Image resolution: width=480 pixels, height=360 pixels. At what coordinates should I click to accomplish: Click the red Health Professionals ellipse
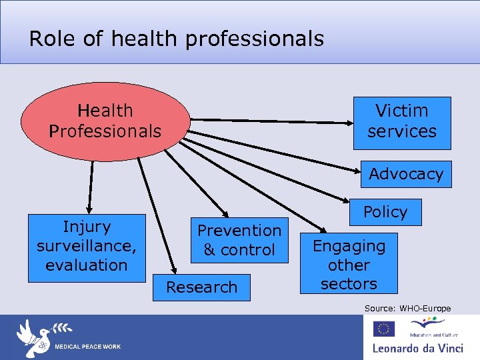tap(105, 121)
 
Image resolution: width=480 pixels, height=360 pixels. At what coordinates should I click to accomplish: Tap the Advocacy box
tap(406, 174)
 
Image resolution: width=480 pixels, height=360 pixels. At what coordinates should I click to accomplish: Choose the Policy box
tap(385, 213)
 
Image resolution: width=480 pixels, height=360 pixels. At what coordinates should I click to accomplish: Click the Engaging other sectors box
tap(349, 264)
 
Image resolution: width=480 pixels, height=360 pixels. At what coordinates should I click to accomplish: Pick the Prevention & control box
tap(239, 240)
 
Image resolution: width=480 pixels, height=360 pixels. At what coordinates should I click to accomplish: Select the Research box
tap(201, 287)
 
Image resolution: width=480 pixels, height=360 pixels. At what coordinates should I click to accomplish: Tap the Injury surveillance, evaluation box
tap(87, 247)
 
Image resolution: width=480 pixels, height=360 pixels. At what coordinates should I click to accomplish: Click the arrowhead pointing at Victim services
tap(355, 123)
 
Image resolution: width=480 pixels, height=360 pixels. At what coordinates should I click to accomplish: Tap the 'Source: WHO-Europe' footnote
tap(407, 308)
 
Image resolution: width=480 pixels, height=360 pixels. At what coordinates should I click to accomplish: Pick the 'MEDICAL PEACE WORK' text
tap(87, 347)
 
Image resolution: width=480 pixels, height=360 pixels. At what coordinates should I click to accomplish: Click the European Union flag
tap(384, 329)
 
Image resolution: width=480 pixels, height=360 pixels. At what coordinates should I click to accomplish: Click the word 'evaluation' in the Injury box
tap(87, 265)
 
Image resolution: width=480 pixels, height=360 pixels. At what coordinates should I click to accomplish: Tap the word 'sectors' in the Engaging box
tap(349, 283)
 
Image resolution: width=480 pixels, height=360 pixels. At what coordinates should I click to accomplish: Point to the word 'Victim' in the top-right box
tap(402, 111)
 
